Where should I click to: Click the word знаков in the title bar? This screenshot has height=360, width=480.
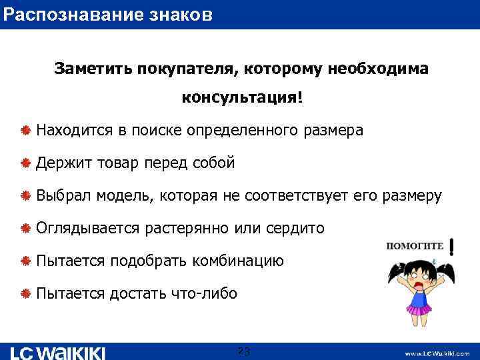pos(181,13)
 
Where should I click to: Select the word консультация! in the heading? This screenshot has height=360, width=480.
pos(242,97)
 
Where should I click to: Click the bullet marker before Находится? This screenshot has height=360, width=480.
pos(25,131)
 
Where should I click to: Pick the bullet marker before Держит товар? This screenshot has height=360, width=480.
pos(25,163)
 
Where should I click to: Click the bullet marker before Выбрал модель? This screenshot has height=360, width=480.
pos(25,196)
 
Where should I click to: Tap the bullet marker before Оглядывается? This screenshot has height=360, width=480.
pos(25,229)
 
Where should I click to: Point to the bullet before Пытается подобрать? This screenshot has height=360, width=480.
pos(25,261)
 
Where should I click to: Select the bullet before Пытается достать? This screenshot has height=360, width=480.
pos(25,294)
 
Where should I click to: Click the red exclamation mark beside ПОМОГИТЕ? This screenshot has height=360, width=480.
pos(453,247)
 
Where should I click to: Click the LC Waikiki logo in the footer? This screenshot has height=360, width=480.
pos(58,352)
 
